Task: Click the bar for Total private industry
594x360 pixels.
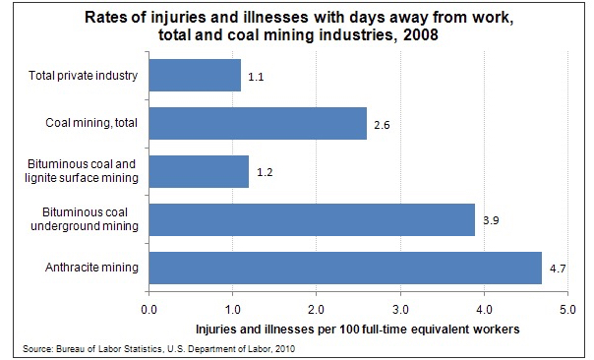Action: pyautogui.click(x=195, y=75)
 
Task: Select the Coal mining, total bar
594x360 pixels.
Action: pyautogui.click(x=258, y=123)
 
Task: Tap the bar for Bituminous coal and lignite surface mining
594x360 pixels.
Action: pyautogui.click(x=199, y=171)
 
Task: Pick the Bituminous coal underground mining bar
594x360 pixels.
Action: pyautogui.click(x=312, y=219)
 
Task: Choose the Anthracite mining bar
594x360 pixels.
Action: pyautogui.click(x=345, y=268)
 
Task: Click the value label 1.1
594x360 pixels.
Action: pyautogui.click(x=256, y=77)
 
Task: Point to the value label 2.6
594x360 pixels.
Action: pyautogui.click(x=382, y=125)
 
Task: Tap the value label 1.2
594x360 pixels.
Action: pyautogui.click(x=265, y=172)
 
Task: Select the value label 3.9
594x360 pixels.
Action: pyautogui.click(x=491, y=220)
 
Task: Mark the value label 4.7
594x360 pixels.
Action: pyautogui.click(x=558, y=269)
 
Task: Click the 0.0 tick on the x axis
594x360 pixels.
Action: pyautogui.click(x=148, y=310)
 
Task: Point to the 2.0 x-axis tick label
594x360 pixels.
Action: pyautogui.click(x=316, y=310)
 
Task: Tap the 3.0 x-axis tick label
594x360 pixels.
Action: pyautogui.click(x=400, y=310)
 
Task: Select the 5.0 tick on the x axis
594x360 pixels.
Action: pyautogui.click(x=567, y=310)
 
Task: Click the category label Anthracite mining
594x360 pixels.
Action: pyautogui.click(x=91, y=268)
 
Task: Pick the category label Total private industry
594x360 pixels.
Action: pyautogui.click(x=83, y=76)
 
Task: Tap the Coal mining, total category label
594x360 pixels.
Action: pyautogui.click(x=91, y=123)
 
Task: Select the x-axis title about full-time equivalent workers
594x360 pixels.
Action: pyautogui.click(x=358, y=329)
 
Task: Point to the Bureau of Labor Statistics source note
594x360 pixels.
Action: pyautogui.click(x=158, y=348)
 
